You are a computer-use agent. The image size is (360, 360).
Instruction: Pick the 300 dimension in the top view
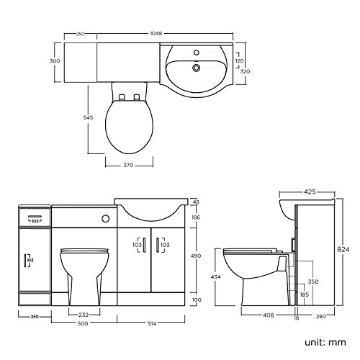coord(53,62)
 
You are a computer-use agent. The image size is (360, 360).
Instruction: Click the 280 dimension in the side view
coord(320,315)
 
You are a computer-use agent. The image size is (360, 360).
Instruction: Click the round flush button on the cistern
coord(106,217)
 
